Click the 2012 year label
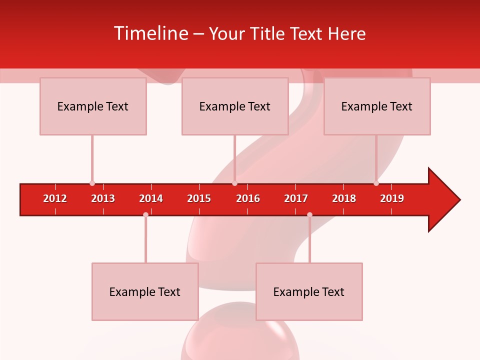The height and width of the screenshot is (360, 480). tap(55, 198)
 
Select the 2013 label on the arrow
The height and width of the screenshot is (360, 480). tap(103, 198)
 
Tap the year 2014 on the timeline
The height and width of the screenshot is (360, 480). tap(151, 198)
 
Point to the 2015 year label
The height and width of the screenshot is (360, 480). tap(199, 198)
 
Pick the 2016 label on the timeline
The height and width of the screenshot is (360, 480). tap(248, 198)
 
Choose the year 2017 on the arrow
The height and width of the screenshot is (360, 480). tap(296, 198)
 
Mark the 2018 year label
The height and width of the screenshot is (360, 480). tap(344, 198)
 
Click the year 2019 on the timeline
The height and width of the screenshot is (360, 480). tap(392, 198)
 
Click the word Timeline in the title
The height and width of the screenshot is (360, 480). tap(150, 33)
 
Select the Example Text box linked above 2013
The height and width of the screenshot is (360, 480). tap(93, 106)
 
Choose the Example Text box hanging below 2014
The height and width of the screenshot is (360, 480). tap(145, 291)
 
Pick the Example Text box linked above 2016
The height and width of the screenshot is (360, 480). tap(235, 106)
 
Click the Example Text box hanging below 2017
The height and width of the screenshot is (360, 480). tap(309, 291)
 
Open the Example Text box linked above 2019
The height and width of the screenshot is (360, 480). tap(377, 106)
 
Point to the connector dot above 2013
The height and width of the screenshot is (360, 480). tap(92, 183)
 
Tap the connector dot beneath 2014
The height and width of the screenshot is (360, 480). tap(145, 214)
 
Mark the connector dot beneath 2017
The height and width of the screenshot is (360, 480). tap(309, 214)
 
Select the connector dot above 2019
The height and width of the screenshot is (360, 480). tap(376, 183)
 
